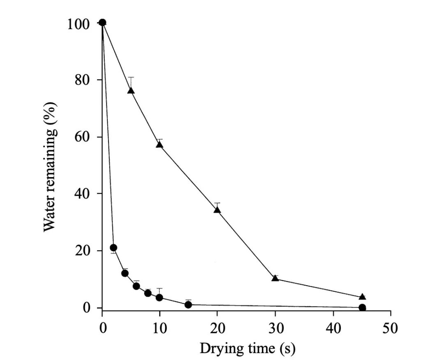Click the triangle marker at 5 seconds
coord(131,90)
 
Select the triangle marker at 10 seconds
coord(160,144)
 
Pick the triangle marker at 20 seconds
coord(217,210)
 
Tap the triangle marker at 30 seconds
coord(275,278)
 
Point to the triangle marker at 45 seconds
coord(362,297)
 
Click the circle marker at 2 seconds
coord(113,247)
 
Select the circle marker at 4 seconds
coord(125,273)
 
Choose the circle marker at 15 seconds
coord(188,305)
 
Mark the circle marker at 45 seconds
coord(362,307)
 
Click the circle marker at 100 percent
coord(102,22)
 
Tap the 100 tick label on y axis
coord(78,24)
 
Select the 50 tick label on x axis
coord(391,328)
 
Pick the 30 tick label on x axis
coord(275,328)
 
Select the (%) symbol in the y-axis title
coord(50,113)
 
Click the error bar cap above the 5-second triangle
coord(131,77)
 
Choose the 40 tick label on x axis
coord(333,328)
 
